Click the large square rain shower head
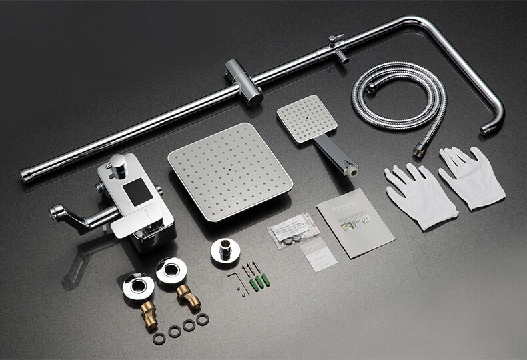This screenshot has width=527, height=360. [x=229, y=170]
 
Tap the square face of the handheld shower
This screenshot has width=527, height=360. [x=307, y=117]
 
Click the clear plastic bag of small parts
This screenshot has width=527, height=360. [x=293, y=231]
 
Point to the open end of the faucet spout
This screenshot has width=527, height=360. [x=53, y=213]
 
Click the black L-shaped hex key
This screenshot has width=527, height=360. [x=237, y=280]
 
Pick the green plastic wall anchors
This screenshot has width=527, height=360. [x=259, y=280]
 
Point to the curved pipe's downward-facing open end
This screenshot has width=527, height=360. [x=488, y=129]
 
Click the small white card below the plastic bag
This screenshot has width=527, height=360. [x=316, y=254]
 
